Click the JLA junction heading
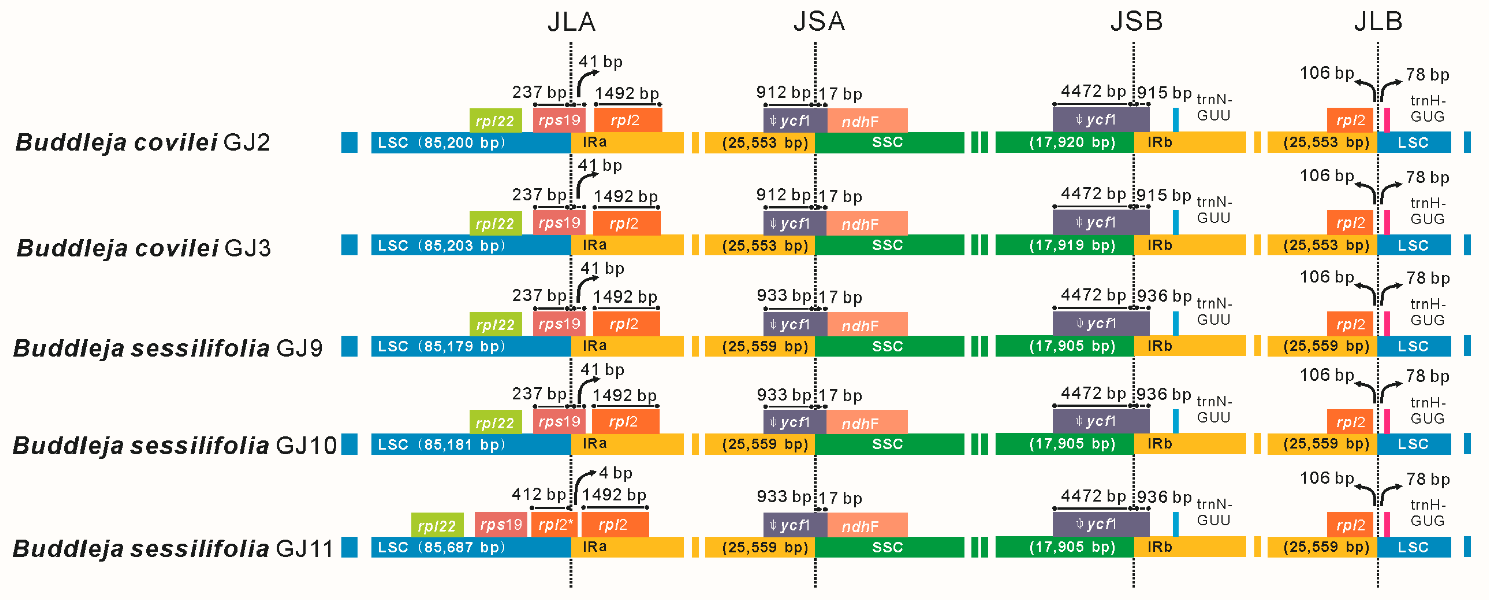[571, 22]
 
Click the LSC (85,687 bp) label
[441, 547]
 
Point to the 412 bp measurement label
[538, 494]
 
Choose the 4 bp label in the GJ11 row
[616, 473]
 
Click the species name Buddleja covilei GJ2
[143, 143]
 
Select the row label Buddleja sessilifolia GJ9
[168, 348]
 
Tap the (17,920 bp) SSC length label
[1072, 143]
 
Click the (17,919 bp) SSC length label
[1072, 245]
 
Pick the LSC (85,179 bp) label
[441, 346]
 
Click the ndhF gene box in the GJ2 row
[866, 121]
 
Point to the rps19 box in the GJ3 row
[559, 223]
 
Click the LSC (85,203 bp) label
[441, 245]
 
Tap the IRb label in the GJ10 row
[1160, 444]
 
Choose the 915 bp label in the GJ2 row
[1164, 93]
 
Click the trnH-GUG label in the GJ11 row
[1427, 513]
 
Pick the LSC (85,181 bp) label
[441, 444]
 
